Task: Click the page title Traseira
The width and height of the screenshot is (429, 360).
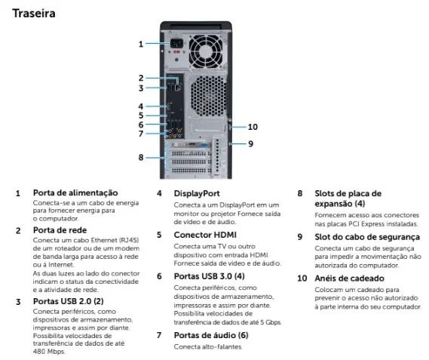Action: pyautogui.click(x=34, y=13)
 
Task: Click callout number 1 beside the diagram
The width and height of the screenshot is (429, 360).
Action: pyautogui.click(x=140, y=44)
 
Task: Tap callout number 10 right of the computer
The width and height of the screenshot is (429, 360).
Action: pyautogui.click(x=253, y=127)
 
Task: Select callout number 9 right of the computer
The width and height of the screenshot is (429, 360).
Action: pyautogui.click(x=250, y=143)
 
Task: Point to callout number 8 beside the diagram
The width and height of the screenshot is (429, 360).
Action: pyautogui.click(x=140, y=157)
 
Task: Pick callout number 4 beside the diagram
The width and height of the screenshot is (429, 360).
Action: pyautogui.click(x=140, y=106)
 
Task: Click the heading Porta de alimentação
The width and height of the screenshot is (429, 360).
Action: pyautogui.click(x=75, y=192)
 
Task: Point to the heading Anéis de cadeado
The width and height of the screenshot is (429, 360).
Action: pyautogui.click(x=351, y=277)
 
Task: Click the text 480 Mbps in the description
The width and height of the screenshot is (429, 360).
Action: pyautogui.click(x=49, y=351)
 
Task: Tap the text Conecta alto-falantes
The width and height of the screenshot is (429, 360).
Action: pyautogui.click(x=208, y=346)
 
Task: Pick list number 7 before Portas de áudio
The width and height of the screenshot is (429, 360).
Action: pyautogui.click(x=158, y=334)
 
